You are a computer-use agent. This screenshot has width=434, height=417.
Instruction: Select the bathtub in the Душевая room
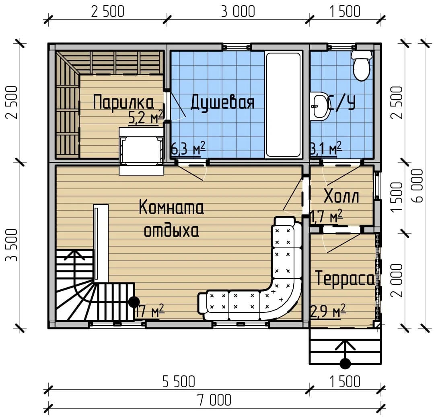[283, 104]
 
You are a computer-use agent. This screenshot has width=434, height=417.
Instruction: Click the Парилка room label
[123, 103]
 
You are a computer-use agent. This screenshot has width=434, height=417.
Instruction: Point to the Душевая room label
[222, 102]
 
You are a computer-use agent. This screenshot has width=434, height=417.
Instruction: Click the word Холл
[341, 196]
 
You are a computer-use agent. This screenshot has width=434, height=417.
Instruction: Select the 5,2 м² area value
[146, 118]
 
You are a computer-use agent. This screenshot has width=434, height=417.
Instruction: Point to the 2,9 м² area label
[328, 311]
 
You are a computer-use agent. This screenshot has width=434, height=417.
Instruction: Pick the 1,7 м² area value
[327, 216]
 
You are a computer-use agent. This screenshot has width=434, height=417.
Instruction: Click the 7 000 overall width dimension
[214, 400]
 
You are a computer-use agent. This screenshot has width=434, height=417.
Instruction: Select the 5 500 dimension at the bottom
[179, 382]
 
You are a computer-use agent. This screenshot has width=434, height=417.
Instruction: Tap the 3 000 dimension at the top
[238, 12]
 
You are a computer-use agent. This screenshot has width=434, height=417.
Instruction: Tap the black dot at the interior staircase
[134, 302]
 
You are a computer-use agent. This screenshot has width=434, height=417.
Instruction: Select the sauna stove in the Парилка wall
[142, 151]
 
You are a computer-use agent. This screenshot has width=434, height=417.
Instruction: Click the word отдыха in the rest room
[172, 231]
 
